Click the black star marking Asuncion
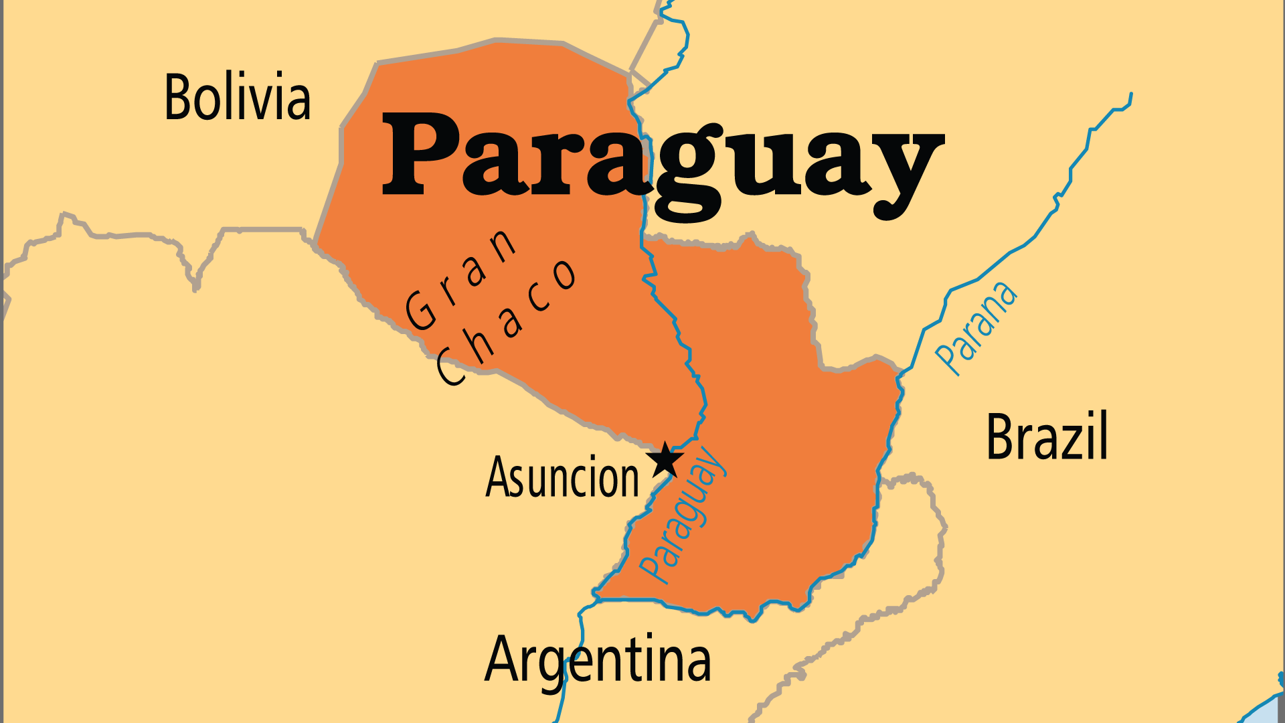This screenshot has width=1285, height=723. click(x=665, y=460)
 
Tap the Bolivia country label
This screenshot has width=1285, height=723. click(x=238, y=98)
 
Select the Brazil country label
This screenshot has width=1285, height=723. click(x=1047, y=436)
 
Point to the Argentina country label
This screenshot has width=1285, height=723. click(x=598, y=660)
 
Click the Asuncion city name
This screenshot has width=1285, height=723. click(x=562, y=477)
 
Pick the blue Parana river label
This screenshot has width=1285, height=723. click(x=976, y=327)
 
